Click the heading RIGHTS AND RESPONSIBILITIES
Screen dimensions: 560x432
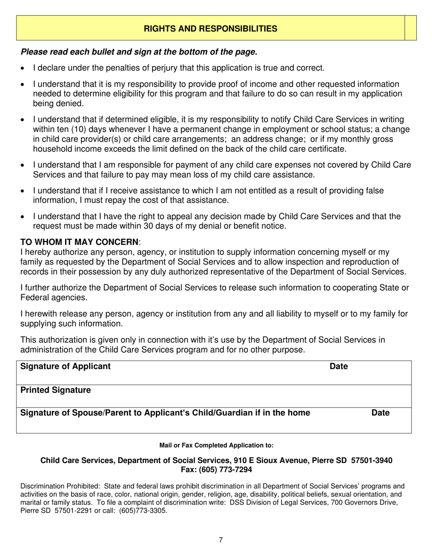pyautogui.click(x=211, y=29)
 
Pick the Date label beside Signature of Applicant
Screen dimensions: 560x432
pyautogui.click(x=338, y=367)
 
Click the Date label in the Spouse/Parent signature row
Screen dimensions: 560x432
pyautogui.click(x=381, y=413)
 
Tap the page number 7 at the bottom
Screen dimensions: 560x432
pyautogui.click(x=221, y=540)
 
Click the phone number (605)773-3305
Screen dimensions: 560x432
pyautogui.click(x=141, y=510)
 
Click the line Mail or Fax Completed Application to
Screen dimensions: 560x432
pyautogui.click(x=216, y=445)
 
